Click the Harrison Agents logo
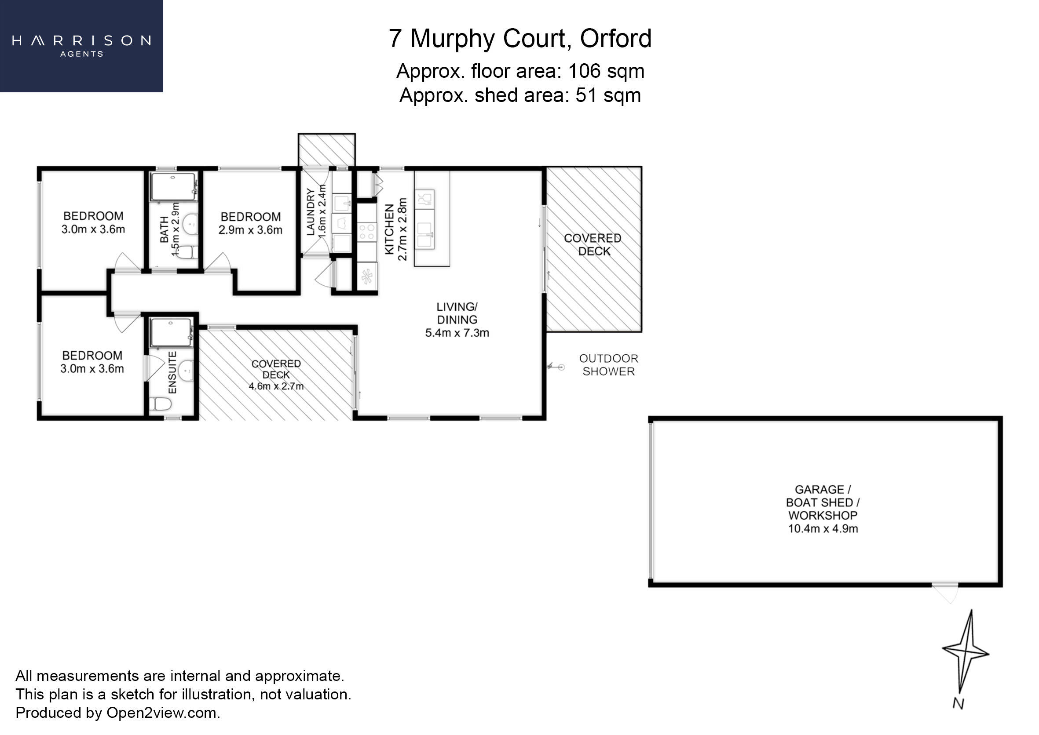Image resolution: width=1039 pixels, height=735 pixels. (81, 46)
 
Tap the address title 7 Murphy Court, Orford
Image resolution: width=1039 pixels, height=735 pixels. (520, 39)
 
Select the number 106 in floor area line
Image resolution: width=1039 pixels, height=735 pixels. (584, 71)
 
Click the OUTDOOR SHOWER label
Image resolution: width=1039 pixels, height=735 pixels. (608, 365)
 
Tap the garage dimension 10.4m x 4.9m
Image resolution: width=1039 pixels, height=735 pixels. (823, 529)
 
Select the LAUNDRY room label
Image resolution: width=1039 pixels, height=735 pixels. (311, 212)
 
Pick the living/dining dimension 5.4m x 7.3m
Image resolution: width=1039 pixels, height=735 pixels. (457, 333)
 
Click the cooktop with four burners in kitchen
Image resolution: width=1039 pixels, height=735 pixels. (366, 232)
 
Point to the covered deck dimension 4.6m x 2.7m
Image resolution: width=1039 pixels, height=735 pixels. (276, 386)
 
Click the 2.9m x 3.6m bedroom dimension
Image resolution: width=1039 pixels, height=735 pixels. (250, 230)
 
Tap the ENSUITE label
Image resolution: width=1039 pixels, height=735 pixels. (172, 372)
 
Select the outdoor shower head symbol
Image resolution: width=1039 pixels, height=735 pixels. (557, 367)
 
